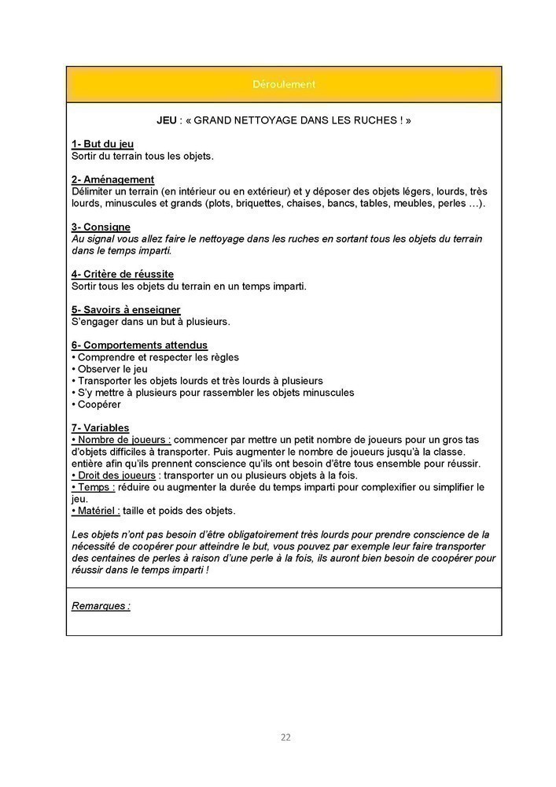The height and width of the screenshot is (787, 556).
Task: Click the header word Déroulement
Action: (284, 84)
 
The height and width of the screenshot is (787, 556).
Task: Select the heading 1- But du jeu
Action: (103, 144)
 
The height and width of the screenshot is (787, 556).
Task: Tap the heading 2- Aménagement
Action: (112, 179)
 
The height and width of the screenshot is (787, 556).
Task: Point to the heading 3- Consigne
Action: (101, 227)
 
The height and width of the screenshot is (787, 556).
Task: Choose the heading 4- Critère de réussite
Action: (123, 274)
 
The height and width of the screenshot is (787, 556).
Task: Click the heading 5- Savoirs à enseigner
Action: (126, 309)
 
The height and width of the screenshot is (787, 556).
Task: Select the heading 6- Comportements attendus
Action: (139, 345)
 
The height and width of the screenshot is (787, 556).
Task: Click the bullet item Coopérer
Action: (98, 405)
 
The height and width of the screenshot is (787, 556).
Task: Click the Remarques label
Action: (101, 606)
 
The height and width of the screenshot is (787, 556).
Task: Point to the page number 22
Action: (285, 737)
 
